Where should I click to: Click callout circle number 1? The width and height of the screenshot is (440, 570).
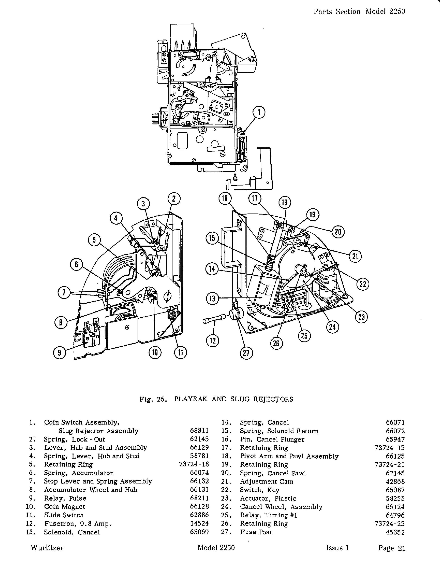point(259,112)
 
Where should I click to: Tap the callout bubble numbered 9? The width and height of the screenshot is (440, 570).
point(60,353)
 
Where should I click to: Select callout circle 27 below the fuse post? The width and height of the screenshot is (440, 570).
point(246,353)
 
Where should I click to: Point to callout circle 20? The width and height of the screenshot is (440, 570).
point(338,232)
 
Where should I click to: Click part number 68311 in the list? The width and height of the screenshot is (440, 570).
point(199,431)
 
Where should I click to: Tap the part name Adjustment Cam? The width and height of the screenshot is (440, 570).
point(267,481)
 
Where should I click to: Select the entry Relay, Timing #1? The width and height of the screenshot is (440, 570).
point(268,515)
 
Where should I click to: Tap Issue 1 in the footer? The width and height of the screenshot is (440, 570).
point(338,548)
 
